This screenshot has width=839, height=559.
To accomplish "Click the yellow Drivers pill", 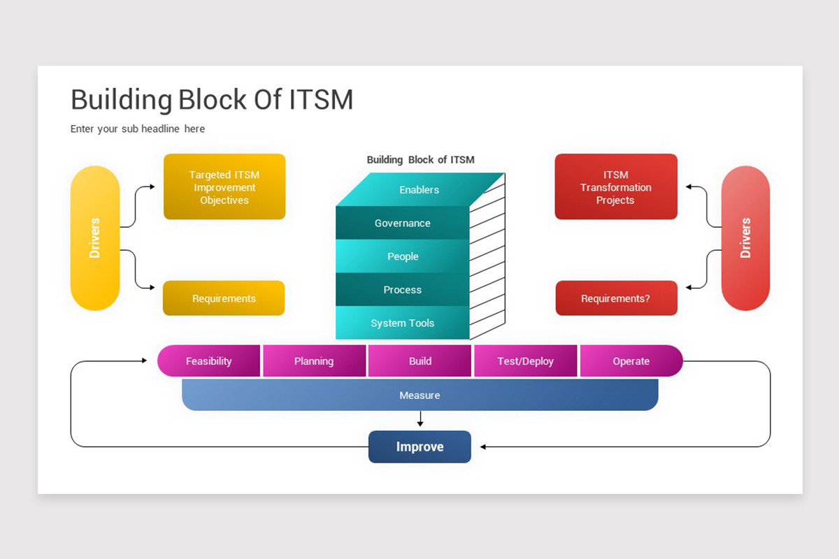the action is (95, 238).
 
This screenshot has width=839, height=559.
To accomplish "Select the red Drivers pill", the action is (745, 238).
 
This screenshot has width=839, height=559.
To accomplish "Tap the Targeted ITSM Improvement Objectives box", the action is (224, 187).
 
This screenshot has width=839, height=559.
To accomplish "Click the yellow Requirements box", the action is (224, 298).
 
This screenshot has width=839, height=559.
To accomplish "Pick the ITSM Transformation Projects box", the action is (616, 187).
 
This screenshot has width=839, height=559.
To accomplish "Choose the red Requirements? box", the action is (617, 298).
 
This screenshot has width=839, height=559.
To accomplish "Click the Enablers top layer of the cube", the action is (419, 189).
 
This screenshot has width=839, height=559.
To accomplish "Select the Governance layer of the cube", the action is (403, 223).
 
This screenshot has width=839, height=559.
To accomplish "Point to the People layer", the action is (403, 256).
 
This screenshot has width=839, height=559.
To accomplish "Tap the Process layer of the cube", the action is (403, 289).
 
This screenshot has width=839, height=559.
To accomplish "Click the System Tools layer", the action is (403, 323).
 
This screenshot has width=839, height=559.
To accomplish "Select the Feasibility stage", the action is (208, 361).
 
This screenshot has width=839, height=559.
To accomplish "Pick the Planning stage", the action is (314, 361).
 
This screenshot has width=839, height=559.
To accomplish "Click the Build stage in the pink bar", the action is (420, 361).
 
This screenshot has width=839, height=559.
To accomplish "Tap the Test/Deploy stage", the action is (526, 361).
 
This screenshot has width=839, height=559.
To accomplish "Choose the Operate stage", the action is (631, 361).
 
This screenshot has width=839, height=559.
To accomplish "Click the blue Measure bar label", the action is (420, 395).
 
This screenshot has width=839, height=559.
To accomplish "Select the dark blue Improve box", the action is (420, 447).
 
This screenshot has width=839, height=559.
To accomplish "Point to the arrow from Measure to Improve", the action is (420, 419).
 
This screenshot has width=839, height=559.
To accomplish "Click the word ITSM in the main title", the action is (322, 100).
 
